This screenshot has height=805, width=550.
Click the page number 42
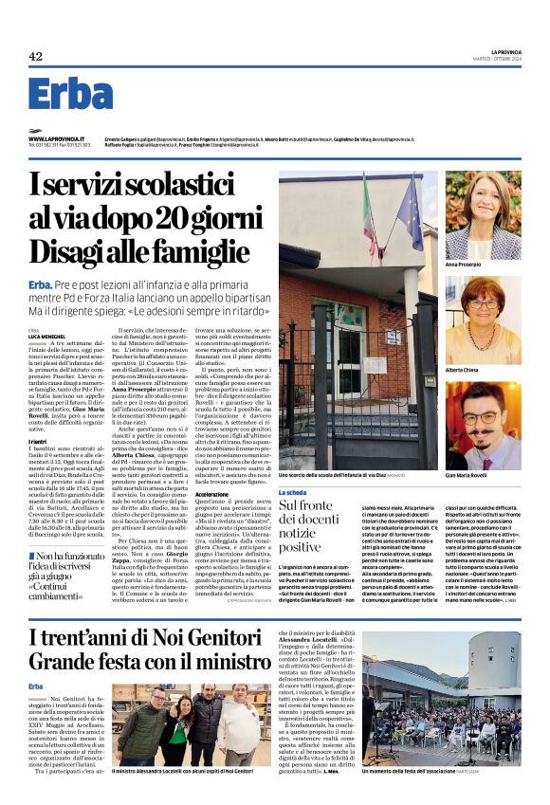tap(35, 56)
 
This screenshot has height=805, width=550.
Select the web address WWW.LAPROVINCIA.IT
tap(60, 138)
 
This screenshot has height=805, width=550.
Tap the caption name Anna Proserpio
tap(491, 265)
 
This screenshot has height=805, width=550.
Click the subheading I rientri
tap(39, 442)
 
